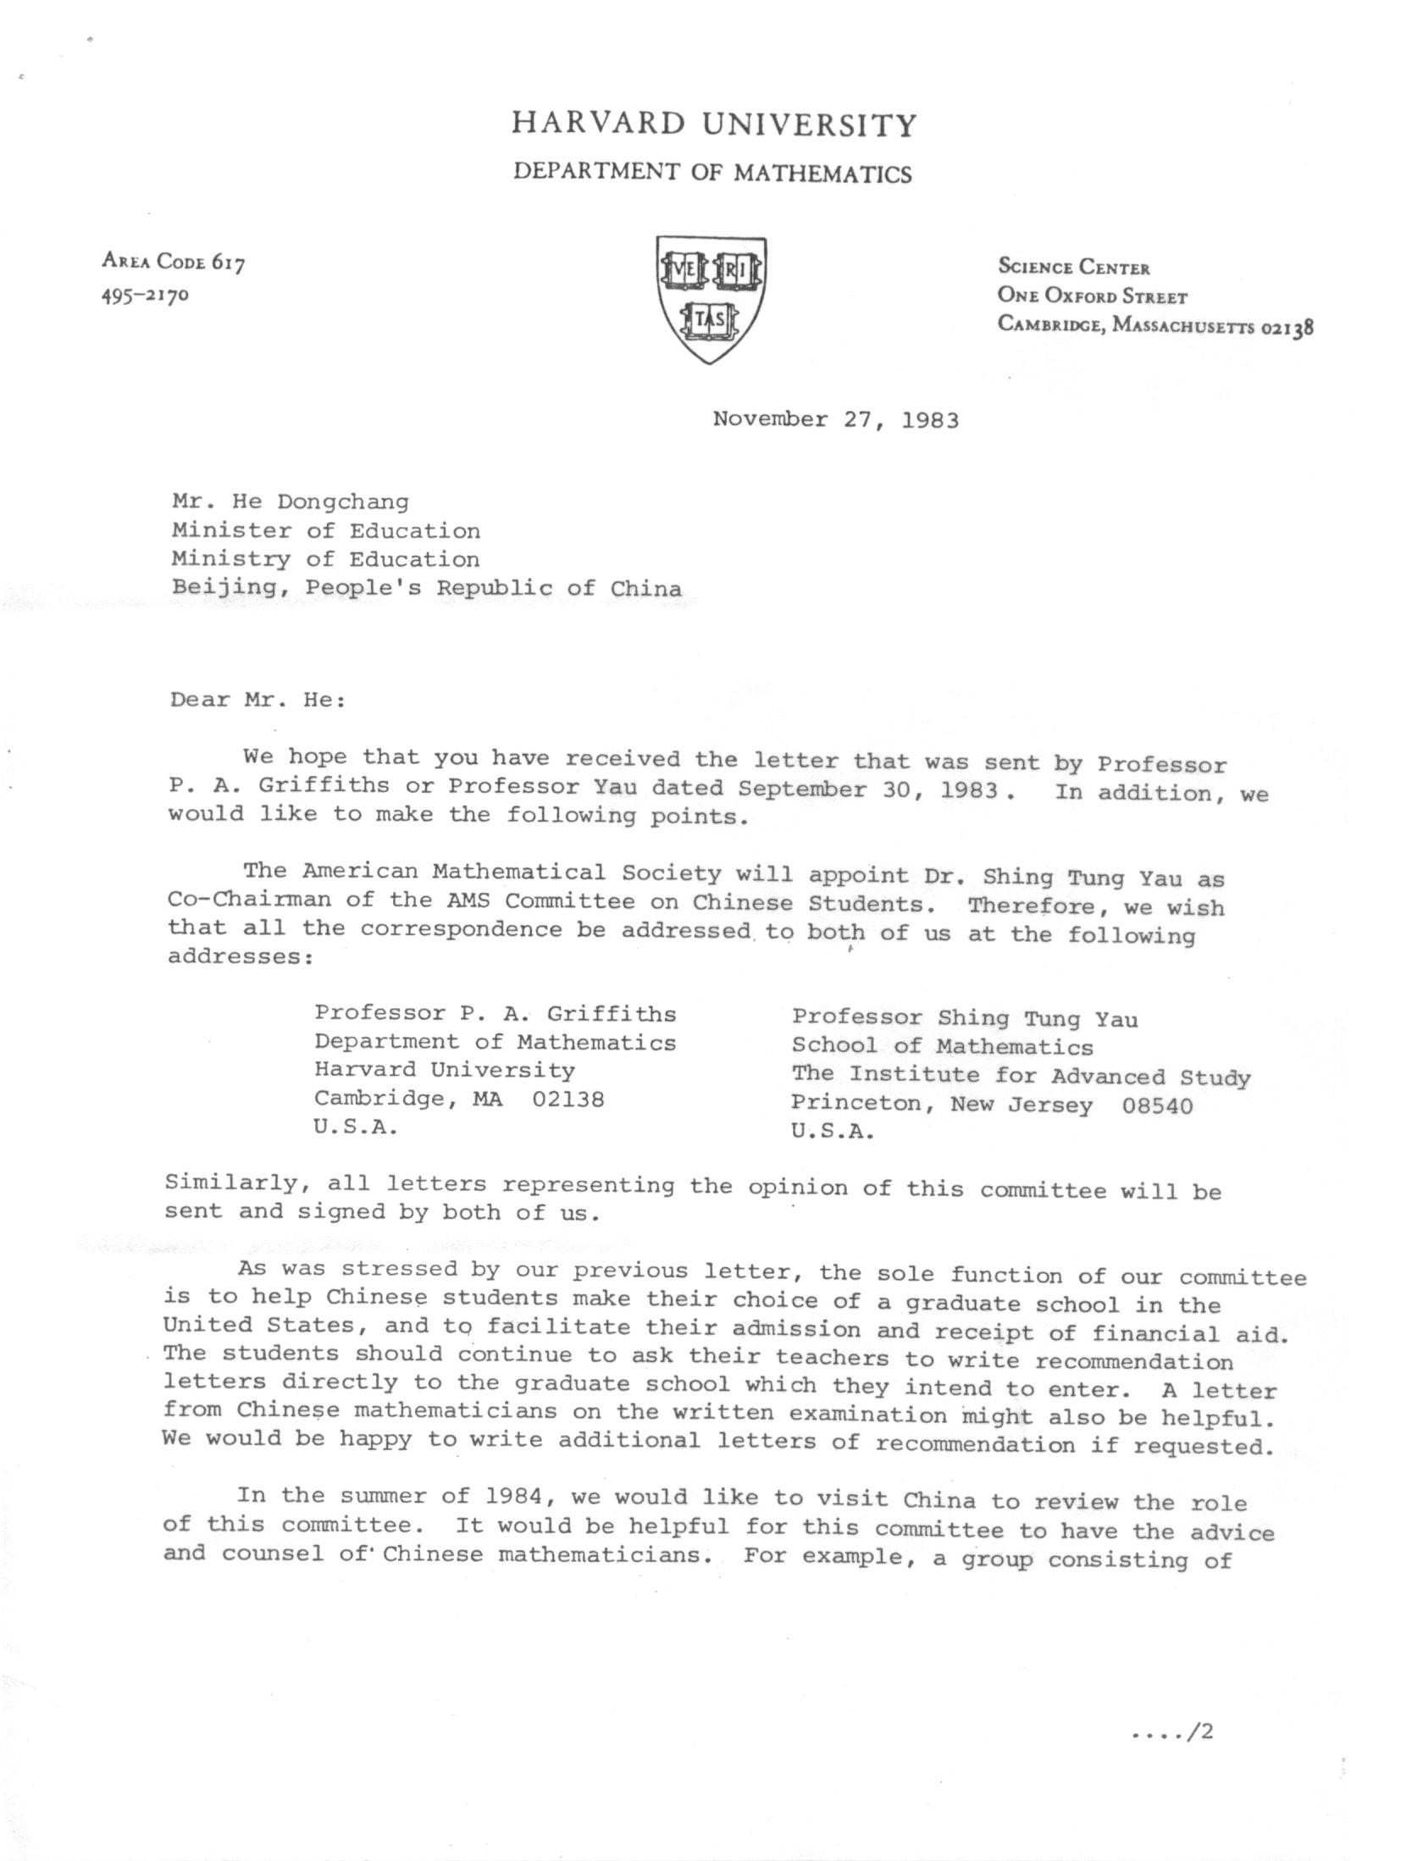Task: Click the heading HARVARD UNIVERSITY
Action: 714,125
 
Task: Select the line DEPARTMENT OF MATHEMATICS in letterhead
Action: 713,174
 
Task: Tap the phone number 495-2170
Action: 145,295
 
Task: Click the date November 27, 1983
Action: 835,420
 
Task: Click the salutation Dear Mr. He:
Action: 257,700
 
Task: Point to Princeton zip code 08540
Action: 1157,1106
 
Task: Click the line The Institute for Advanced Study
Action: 1021,1076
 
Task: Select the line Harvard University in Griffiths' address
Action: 445,1070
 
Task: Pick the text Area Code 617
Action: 174,262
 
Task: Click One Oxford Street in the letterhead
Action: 1092,296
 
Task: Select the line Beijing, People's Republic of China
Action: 426,588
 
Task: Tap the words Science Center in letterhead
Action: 1074,268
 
